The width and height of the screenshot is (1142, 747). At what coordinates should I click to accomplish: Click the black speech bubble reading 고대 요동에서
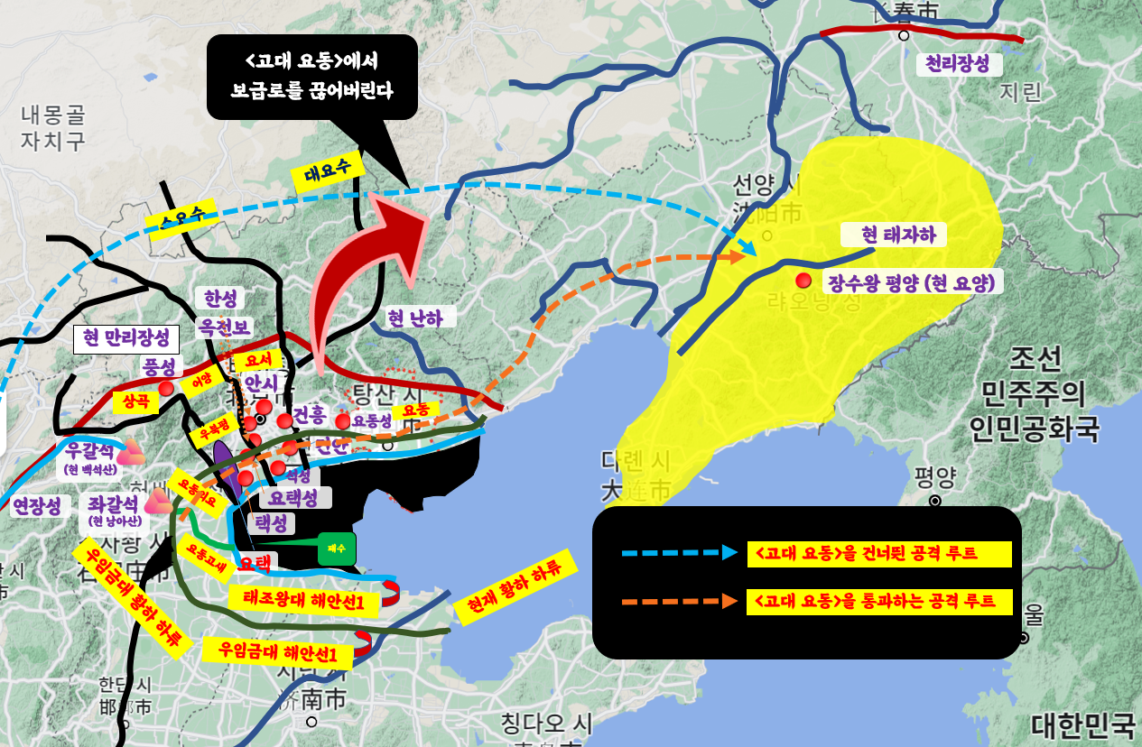pos(311,77)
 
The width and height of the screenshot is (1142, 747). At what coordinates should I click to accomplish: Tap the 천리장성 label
pos(958,65)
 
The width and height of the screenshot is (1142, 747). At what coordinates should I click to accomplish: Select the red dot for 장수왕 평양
pos(802,281)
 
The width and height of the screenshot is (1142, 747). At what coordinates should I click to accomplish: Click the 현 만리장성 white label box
pos(125,339)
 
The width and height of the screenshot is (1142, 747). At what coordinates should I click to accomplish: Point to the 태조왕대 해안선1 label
pos(297,599)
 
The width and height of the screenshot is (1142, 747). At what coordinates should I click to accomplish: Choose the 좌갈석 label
pos(112,502)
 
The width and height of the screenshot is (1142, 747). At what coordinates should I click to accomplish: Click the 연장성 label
pos(37,505)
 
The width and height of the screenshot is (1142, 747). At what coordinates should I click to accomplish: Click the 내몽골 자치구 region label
pos(53,127)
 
